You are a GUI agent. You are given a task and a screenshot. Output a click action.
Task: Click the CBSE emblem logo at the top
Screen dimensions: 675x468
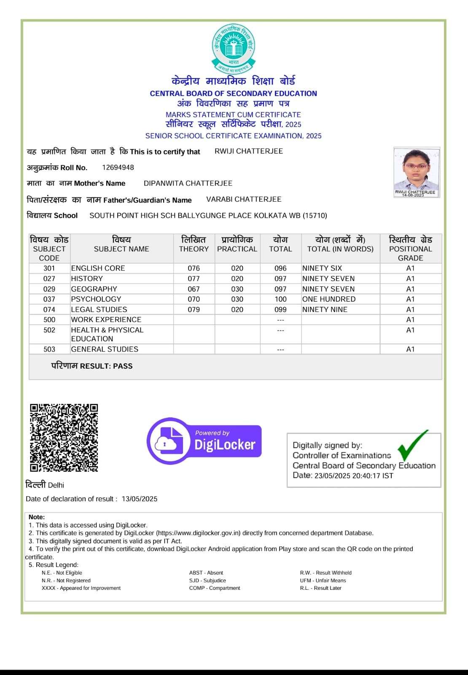click(x=233, y=48)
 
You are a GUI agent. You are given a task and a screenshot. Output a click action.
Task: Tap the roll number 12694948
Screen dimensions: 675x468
click(x=118, y=167)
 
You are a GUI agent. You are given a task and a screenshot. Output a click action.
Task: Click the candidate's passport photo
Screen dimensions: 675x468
click(x=416, y=170)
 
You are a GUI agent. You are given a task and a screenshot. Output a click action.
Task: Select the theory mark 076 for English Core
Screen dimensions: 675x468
click(x=194, y=268)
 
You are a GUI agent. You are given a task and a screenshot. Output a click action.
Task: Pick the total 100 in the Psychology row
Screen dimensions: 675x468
click(x=280, y=299)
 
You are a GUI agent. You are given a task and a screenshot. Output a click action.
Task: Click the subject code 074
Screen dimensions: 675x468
click(x=49, y=309)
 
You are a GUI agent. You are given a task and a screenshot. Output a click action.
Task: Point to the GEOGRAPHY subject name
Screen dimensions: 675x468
click(x=94, y=289)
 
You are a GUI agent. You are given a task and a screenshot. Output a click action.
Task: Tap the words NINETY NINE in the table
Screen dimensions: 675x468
click(x=325, y=309)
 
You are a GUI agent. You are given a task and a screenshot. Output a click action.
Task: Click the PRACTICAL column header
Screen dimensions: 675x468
click(x=237, y=249)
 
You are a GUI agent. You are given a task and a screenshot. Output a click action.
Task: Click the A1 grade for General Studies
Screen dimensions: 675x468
click(x=410, y=349)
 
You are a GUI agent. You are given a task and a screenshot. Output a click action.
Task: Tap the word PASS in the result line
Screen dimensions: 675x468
click(x=123, y=366)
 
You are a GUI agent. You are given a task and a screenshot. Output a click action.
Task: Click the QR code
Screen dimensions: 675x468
click(x=64, y=438)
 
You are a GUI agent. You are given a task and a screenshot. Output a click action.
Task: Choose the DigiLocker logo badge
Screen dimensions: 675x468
click(x=204, y=441)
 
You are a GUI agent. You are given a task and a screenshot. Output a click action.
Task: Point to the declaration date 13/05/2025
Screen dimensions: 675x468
click(x=140, y=499)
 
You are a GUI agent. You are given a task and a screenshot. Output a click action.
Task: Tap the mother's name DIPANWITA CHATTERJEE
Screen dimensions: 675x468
click(x=188, y=183)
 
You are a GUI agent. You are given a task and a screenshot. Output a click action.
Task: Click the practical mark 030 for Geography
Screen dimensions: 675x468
click(x=237, y=289)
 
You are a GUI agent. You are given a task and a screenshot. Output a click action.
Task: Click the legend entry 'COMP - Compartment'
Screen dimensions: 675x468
click(x=215, y=588)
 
